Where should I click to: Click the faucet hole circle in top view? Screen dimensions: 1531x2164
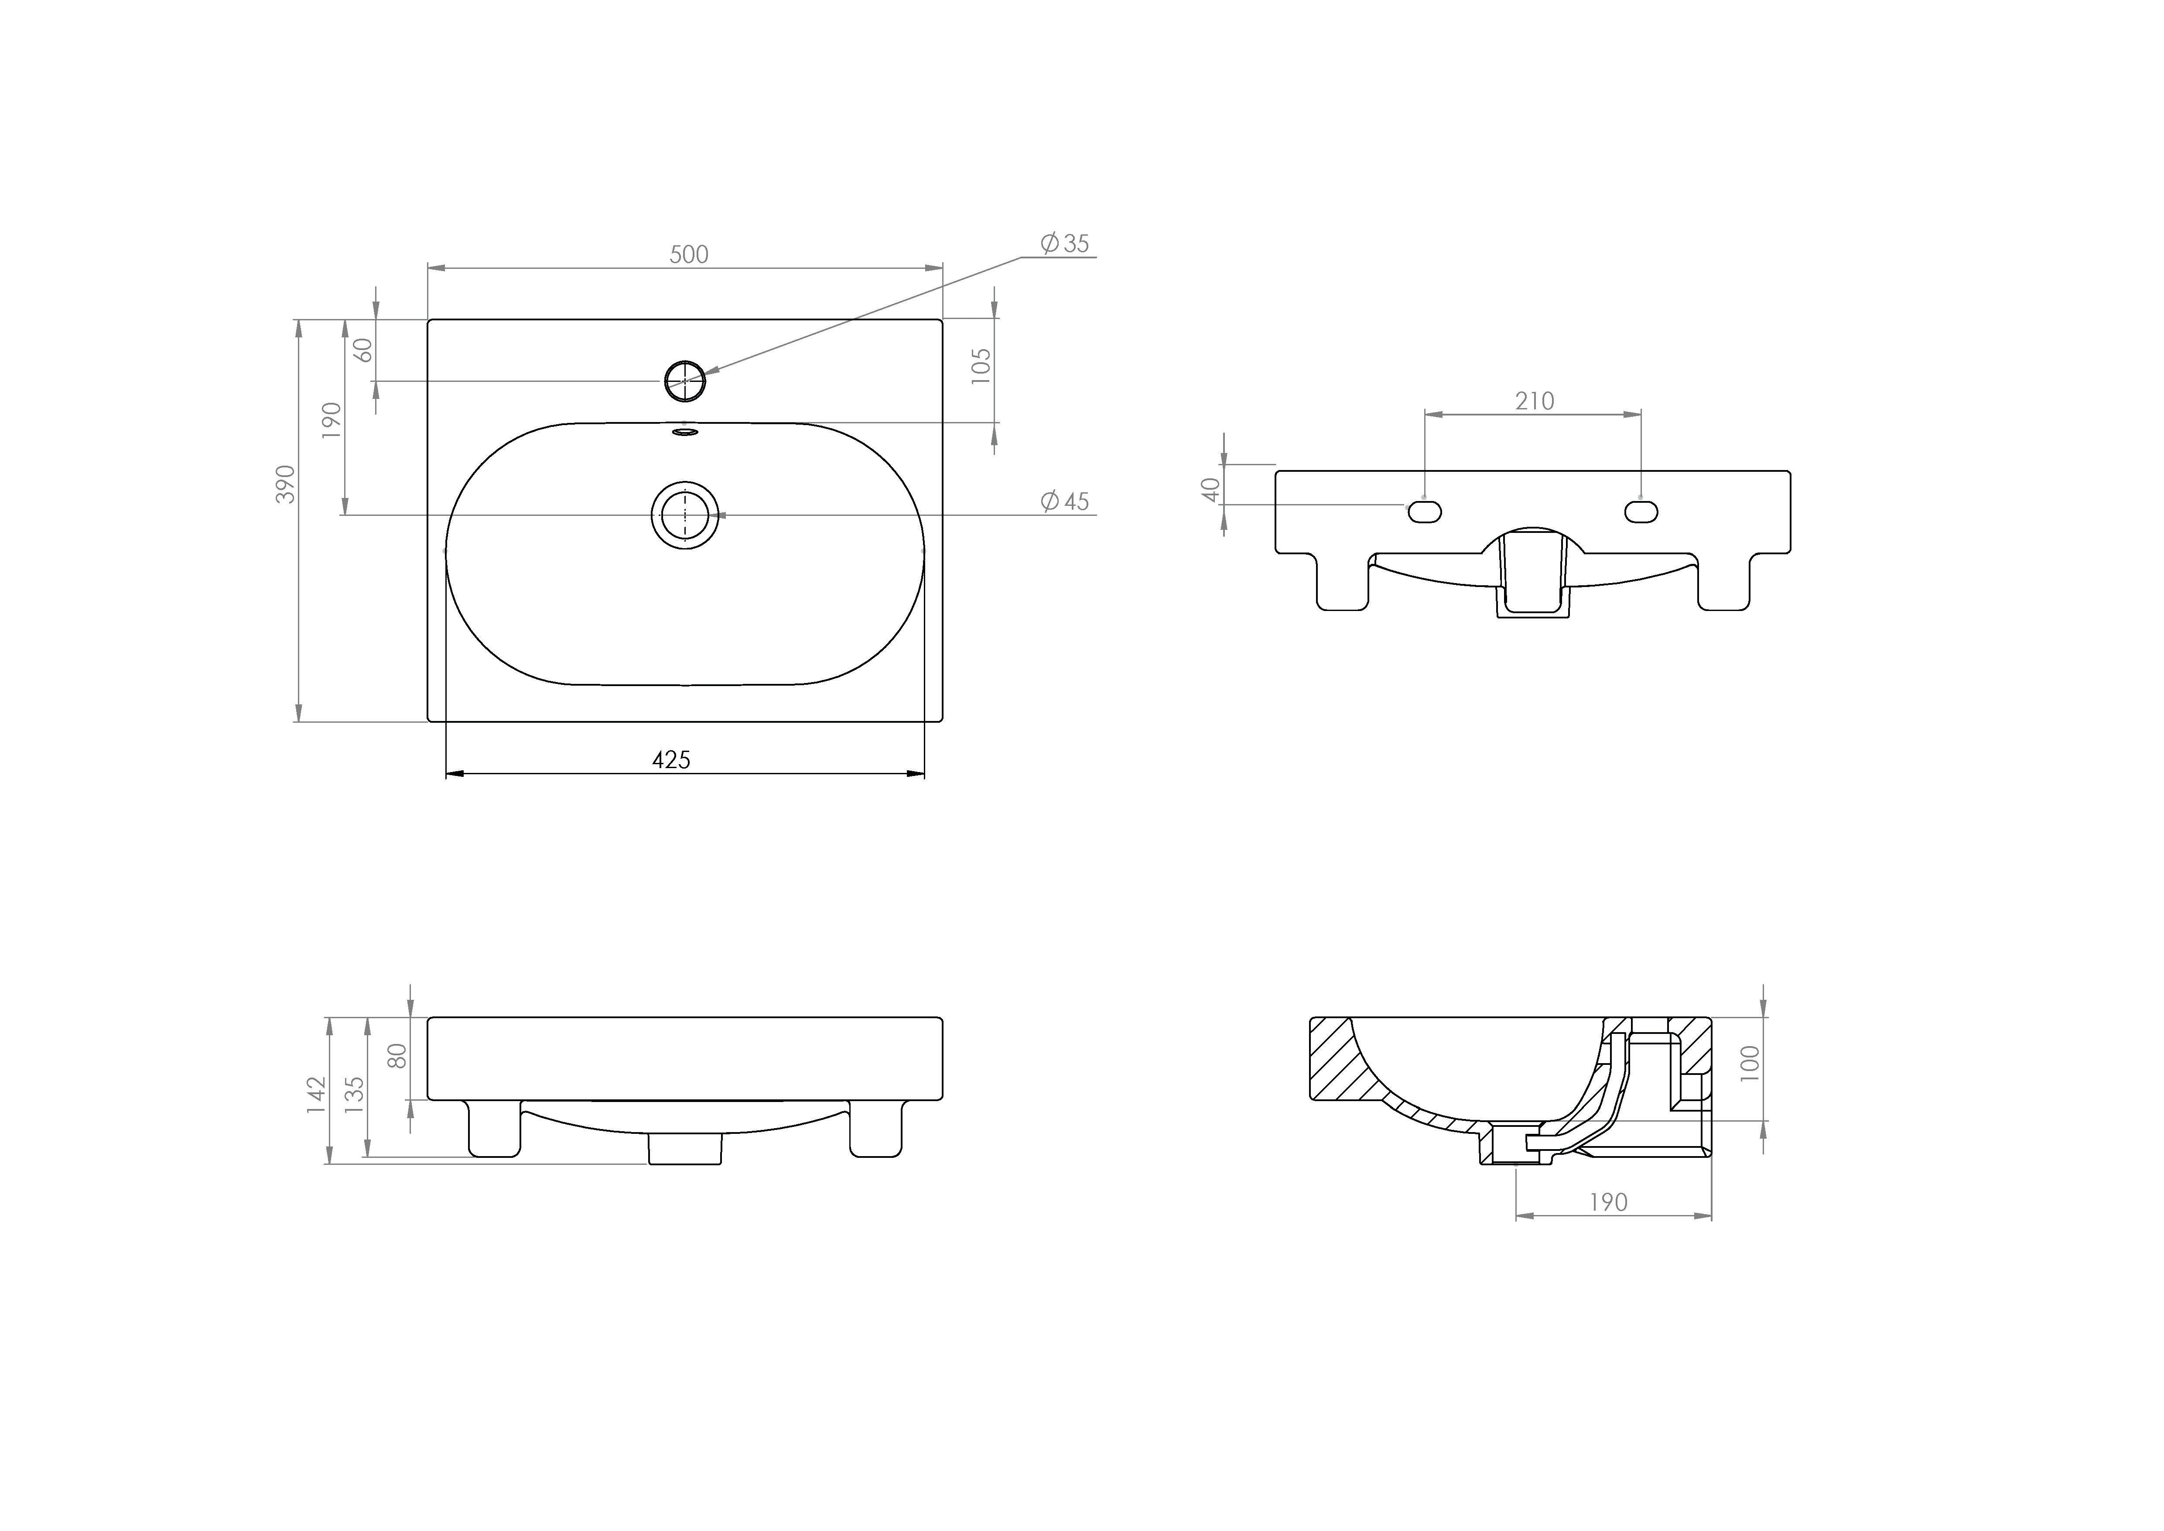click(x=685, y=381)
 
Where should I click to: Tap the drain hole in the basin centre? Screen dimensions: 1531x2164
click(x=685, y=515)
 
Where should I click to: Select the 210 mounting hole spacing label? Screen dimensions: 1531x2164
click(x=1535, y=402)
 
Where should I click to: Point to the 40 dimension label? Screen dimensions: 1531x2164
click(x=1211, y=489)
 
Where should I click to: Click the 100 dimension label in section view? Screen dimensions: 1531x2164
click(x=1750, y=1064)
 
